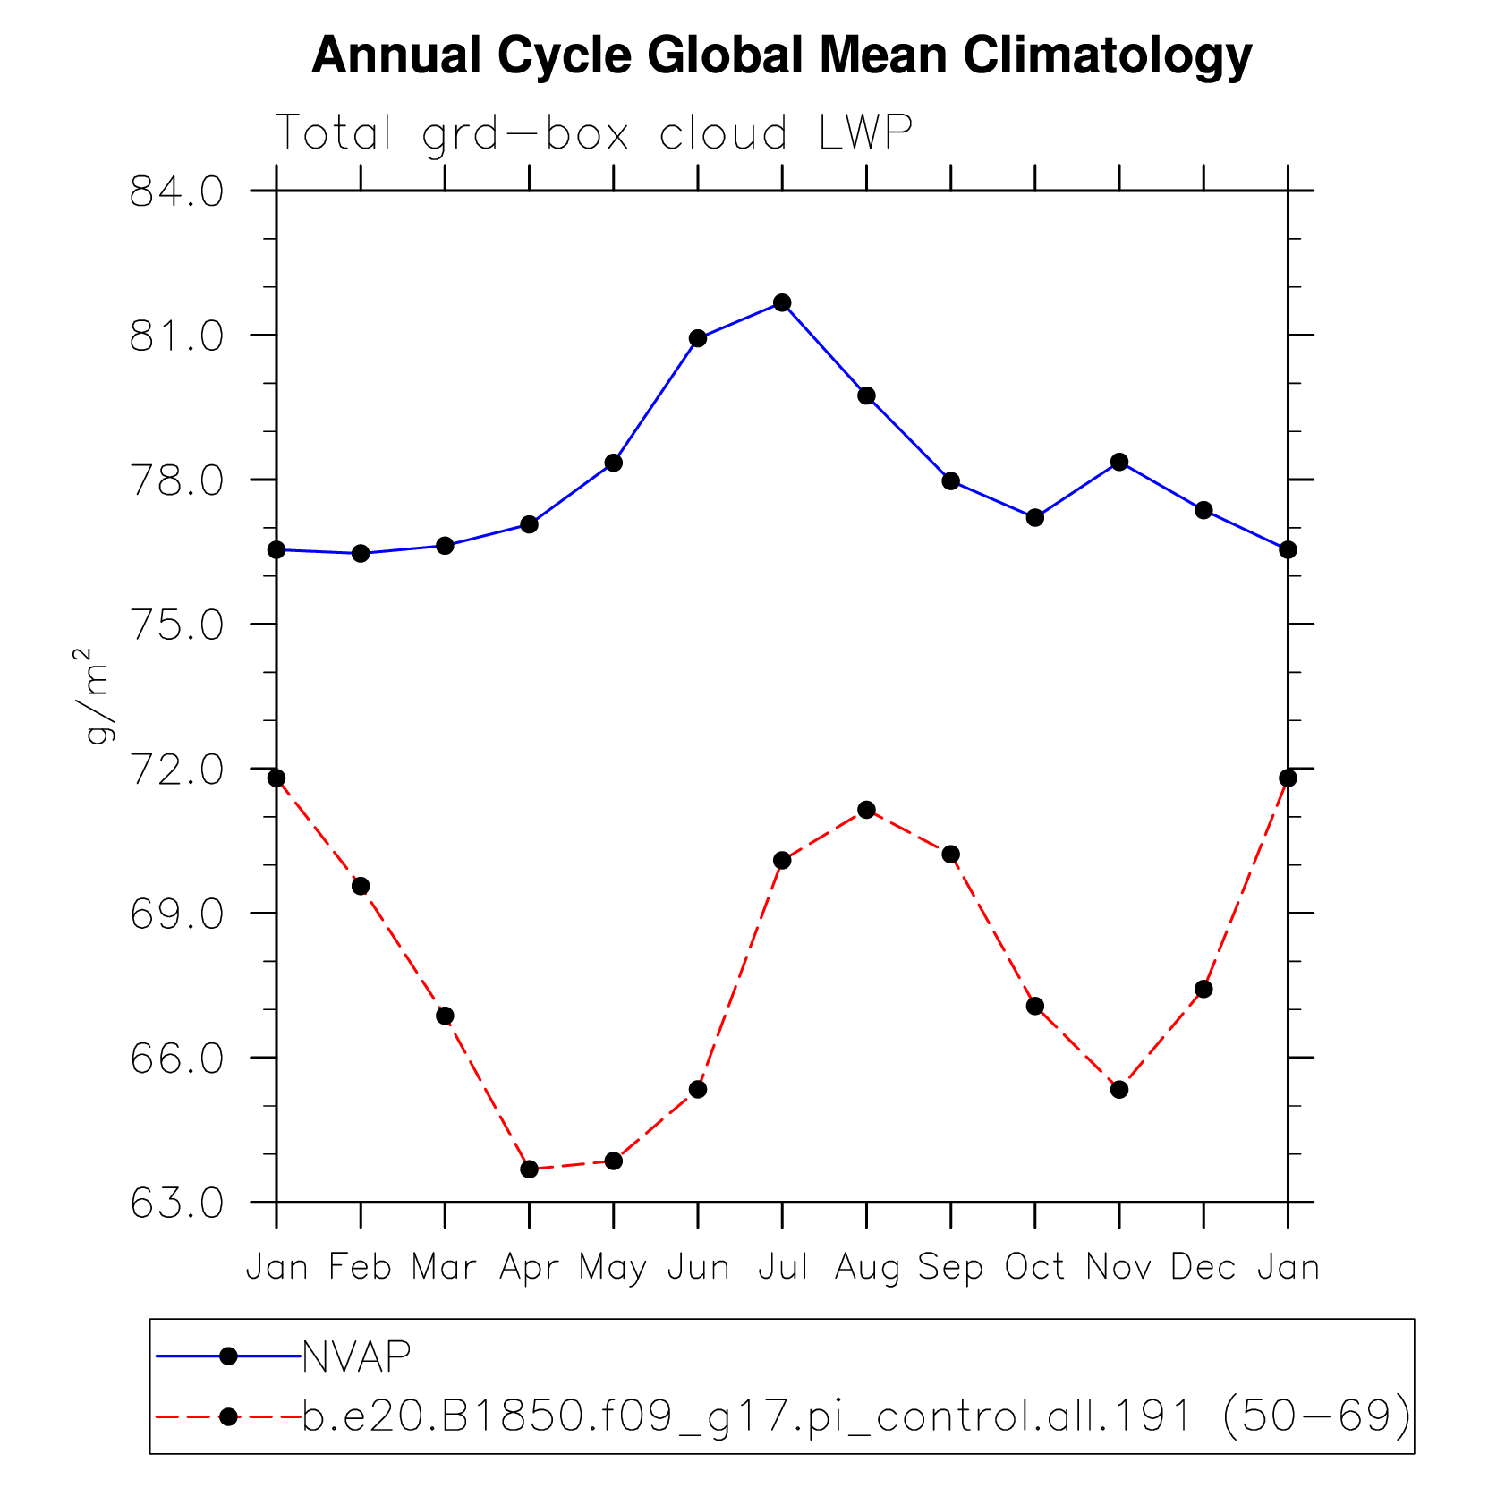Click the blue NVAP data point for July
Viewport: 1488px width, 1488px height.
[x=782, y=302]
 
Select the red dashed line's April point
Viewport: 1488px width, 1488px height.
[x=529, y=1169]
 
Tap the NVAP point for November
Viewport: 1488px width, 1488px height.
[x=1118, y=462]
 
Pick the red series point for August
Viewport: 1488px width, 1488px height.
[x=866, y=810]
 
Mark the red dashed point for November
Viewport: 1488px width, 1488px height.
[x=1118, y=1089]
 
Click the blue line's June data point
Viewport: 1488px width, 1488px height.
[x=698, y=338]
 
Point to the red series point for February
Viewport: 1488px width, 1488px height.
[x=361, y=886]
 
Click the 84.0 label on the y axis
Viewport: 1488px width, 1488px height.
[x=176, y=192]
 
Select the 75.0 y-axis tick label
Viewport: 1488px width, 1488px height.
[x=176, y=625]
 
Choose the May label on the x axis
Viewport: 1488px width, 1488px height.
[x=613, y=1268]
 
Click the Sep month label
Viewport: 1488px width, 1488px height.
[x=950, y=1268]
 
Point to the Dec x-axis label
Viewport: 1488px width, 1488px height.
[x=1203, y=1268]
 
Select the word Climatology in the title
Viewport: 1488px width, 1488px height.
[x=1107, y=55]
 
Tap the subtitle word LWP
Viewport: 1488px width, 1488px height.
[x=865, y=133]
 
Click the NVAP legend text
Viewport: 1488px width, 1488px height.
[x=356, y=1356]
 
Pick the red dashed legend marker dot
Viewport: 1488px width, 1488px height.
[x=228, y=1416]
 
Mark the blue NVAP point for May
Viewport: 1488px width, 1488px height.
[x=613, y=463]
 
